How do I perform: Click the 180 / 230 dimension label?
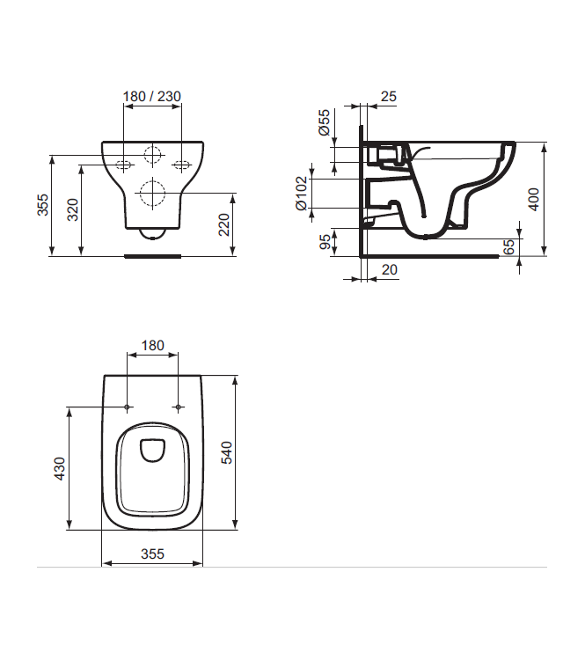click(x=153, y=96)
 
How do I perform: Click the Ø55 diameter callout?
click(x=324, y=122)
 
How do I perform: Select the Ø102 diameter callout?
click(x=301, y=194)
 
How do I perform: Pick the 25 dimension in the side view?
click(x=388, y=96)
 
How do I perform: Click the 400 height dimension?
click(x=534, y=200)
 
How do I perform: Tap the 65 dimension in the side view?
click(x=508, y=247)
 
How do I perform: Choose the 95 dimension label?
click(x=325, y=240)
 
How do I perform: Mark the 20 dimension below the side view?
click(x=388, y=270)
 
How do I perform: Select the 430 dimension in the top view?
click(x=60, y=469)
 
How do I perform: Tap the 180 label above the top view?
click(x=153, y=346)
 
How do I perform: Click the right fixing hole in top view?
click(x=179, y=407)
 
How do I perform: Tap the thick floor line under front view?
click(x=153, y=257)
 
